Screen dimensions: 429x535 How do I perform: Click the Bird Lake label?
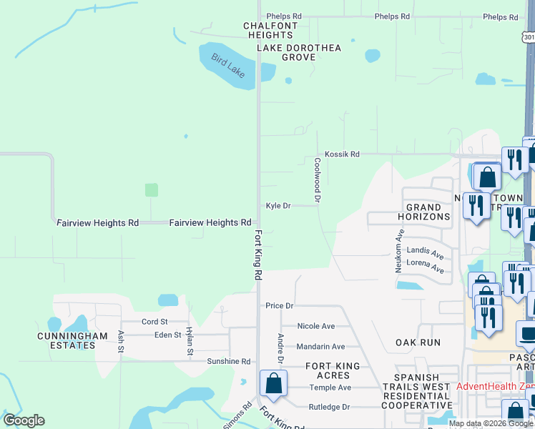click(227, 66)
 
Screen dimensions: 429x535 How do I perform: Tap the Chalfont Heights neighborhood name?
click(269, 31)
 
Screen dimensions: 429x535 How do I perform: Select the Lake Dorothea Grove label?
click(299, 53)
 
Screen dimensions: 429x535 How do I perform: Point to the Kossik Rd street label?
click(342, 154)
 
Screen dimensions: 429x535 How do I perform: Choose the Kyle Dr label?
click(278, 206)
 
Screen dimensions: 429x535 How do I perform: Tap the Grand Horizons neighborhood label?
click(428, 212)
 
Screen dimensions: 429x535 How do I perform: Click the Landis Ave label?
click(425, 252)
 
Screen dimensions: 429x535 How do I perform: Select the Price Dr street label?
click(280, 305)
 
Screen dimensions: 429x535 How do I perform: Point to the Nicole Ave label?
click(315, 326)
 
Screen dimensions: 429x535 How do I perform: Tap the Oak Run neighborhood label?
click(418, 342)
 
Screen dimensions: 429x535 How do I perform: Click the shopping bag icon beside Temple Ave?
click(273, 384)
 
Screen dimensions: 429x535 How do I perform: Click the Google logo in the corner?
click(24, 420)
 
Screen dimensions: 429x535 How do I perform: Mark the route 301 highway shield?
click(528, 37)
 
